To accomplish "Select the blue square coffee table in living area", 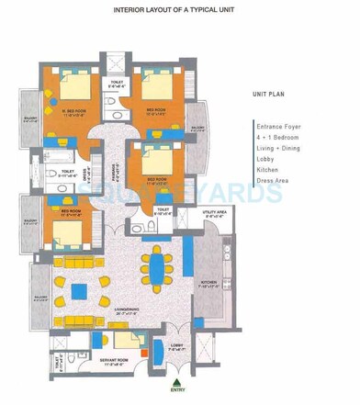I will tap(79, 291).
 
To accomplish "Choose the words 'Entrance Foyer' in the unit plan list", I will tap(282, 125).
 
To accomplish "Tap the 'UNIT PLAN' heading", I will tap(272, 94).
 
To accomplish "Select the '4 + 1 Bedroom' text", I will tap(280, 137).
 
